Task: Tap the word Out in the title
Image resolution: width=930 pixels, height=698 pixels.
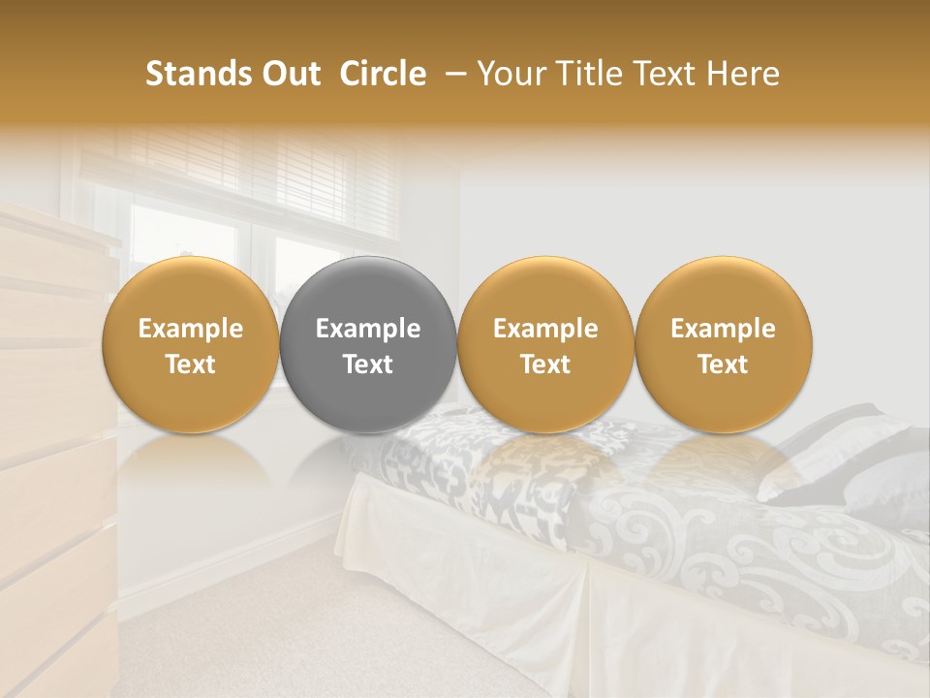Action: point(288,74)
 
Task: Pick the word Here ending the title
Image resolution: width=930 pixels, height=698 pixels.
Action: point(746,74)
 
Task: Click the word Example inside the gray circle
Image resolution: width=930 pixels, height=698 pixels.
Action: point(368,330)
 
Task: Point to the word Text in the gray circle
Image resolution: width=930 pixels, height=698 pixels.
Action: point(368,365)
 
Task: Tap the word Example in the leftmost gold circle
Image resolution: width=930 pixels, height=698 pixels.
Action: point(190,330)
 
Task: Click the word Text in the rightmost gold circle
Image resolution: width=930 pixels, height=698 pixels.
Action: point(723,365)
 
